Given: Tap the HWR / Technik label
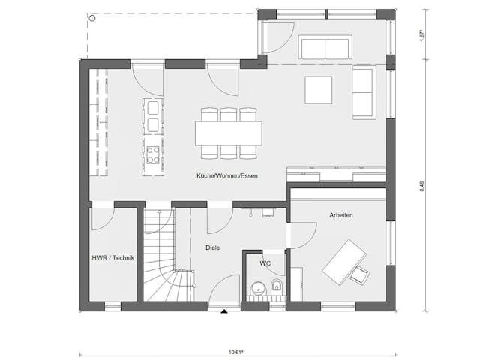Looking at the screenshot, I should [112, 259].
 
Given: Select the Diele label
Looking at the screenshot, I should [211, 247].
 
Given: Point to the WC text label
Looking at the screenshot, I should [265, 264].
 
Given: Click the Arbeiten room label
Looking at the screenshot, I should [340, 215].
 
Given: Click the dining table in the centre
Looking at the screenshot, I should [229, 133].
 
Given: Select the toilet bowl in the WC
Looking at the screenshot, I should [276, 285].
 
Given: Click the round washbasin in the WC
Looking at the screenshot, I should [257, 288].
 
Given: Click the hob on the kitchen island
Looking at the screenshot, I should [153, 154].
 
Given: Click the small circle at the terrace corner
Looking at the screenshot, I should [91, 16].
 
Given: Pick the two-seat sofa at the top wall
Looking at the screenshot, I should [325, 47].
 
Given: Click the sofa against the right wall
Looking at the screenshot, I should [363, 91].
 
